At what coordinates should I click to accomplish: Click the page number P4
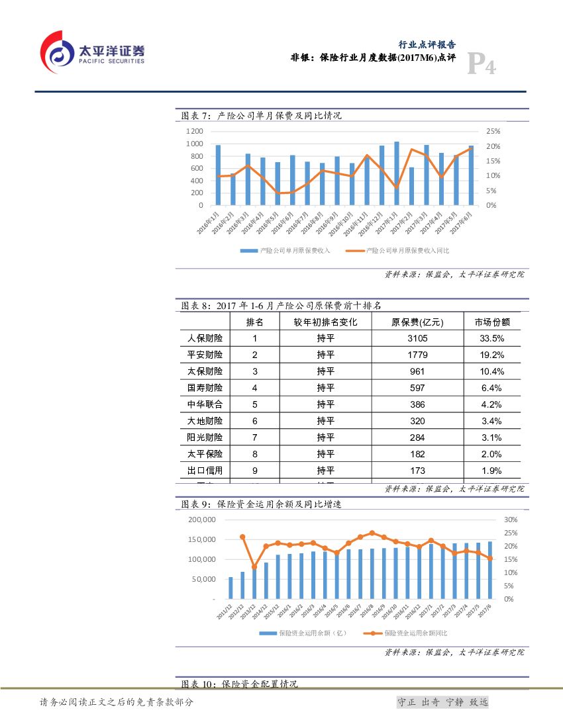(x=482, y=64)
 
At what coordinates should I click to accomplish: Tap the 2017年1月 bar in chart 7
(x=397, y=173)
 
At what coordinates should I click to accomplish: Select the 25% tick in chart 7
(x=492, y=132)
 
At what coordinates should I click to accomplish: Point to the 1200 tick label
(x=194, y=132)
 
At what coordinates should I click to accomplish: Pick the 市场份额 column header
(x=492, y=322)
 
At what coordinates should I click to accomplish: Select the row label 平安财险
(x=205, y=355)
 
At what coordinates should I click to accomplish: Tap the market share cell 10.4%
(x=492, y=371)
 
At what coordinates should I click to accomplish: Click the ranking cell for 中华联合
(x=254, y=404)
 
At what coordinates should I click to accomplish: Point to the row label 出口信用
(x=205, y=471)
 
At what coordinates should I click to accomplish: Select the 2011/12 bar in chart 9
(x=230, y=588)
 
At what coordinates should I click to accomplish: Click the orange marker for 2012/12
(x=242, y=537)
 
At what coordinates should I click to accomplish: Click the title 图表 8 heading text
(x=281, y=306)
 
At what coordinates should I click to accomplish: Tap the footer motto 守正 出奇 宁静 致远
(x=442, y=702)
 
